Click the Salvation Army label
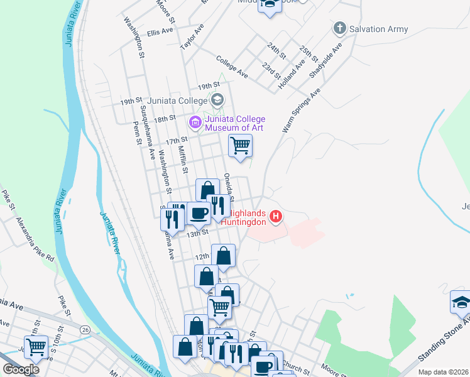coord(378,29)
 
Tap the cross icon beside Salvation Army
coord(340,28)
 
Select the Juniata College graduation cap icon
coord(217,99)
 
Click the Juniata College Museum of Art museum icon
coord(195,121)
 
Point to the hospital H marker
coord(275,218)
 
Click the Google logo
coord(21,369)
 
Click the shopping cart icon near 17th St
coord(240,146)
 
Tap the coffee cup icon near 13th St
coord(199,213)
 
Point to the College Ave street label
coord(232,67)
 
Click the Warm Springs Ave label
coord(300,110)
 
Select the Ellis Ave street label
coord(160,31)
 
